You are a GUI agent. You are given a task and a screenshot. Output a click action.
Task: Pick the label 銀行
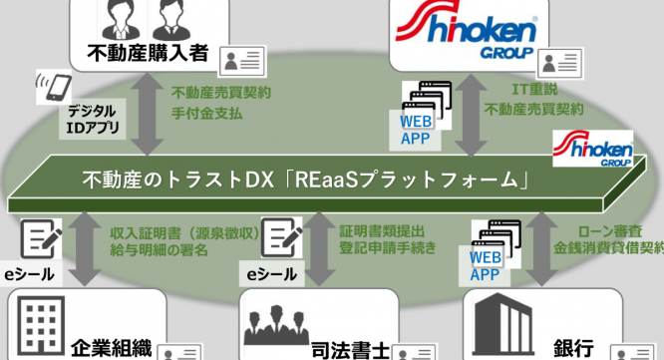click(577, 348)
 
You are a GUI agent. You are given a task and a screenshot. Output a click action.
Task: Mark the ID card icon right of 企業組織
click(179, 351)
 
